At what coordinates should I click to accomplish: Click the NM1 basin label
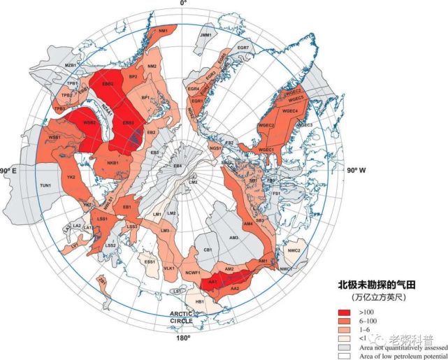[x=163, y=31]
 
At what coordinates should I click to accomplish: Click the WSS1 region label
[x=53, y=137]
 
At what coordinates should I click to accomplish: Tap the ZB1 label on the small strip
[x=103, y=281]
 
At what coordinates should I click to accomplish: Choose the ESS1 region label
[x=149, y=261]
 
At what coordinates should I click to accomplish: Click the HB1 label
[x=199, y=301]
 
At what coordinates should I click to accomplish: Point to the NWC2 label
[x=294, y=250]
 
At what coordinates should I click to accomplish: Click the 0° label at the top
[x=184, y=4]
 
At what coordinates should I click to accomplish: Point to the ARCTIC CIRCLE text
[x=184, y=319]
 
